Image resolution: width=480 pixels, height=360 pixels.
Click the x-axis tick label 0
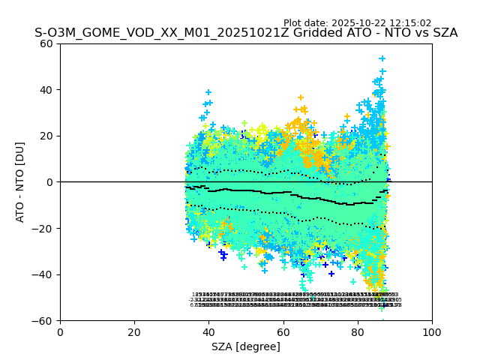(x=60, y=331)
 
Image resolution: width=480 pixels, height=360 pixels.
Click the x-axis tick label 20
(x=134, y=331)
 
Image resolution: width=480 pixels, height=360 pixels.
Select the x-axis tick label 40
(x=208, y=331)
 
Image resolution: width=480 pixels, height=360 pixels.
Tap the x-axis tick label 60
(x=283, y=331)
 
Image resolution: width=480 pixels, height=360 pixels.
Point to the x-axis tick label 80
(x=358, y=331)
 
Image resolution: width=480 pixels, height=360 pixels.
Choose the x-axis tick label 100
(x=432, y=331)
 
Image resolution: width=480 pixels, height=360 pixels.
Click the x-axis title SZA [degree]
(x=246, y=346)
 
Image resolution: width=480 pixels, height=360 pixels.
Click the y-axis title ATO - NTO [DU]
(x=21, y=182)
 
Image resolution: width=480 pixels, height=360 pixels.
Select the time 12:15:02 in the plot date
(x=406, y=23)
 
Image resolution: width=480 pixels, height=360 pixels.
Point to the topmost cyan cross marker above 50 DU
(x=382, y=58)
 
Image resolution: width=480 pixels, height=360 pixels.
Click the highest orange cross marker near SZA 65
(x=301, y=97)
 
